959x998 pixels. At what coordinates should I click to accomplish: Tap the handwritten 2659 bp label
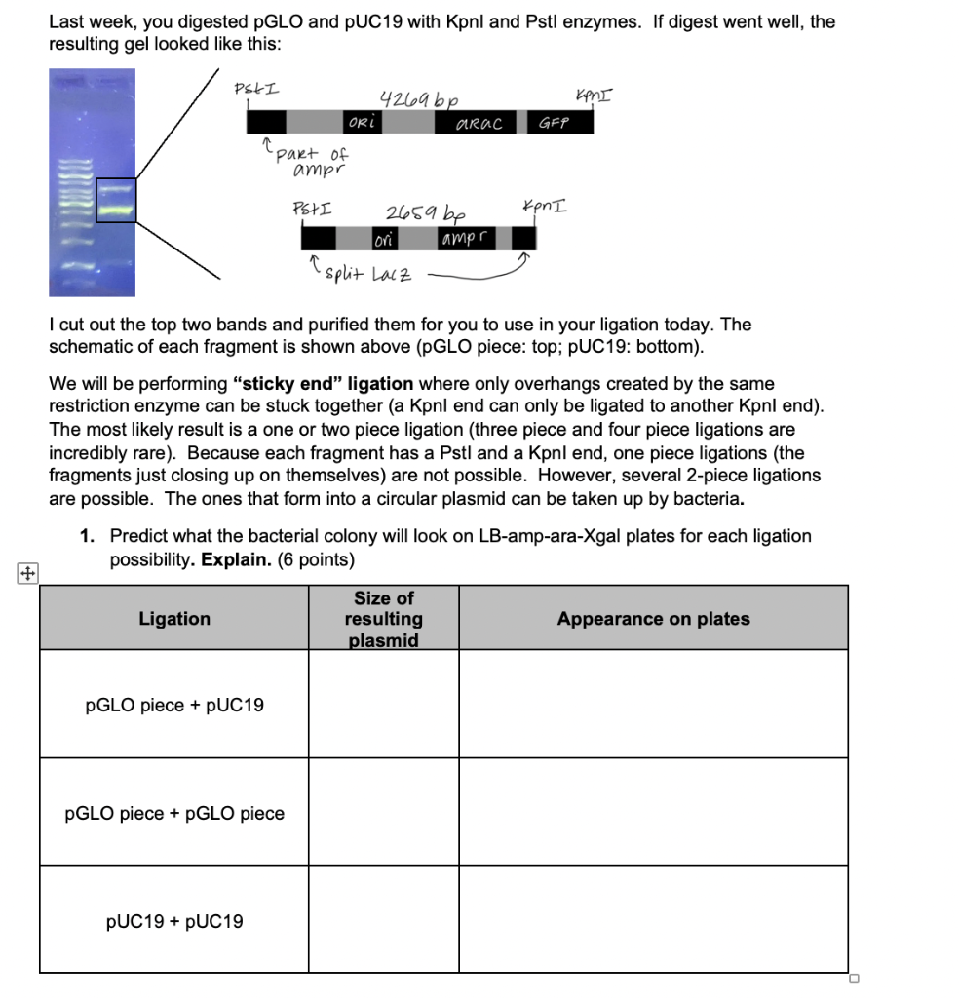(x=425, y=212)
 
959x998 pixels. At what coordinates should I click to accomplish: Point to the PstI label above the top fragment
(x=256, y=89)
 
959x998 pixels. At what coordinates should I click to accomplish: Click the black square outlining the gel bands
(x=116, y=200)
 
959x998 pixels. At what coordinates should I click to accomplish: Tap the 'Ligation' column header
(x=174, y=618)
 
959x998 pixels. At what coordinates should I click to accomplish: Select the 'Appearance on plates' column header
(x=653, y=618)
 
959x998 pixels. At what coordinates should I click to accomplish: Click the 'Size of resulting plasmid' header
(x=384, y=618)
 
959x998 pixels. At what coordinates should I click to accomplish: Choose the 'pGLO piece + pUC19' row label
(x=174, y=705)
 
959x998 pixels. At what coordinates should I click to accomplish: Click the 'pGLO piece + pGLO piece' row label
(x=174, y=813)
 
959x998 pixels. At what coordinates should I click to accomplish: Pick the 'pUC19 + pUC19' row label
(x=174, y=921)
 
